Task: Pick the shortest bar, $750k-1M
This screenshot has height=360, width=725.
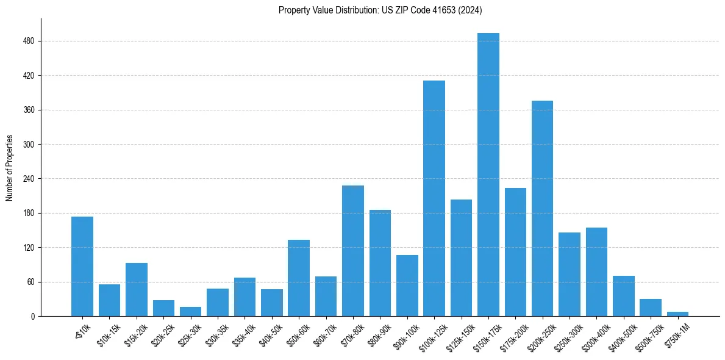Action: click(x=677, y=314)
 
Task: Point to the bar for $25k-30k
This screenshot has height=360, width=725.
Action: click(x=190, y=311)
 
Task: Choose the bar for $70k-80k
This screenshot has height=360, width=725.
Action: click(x=352, y=251)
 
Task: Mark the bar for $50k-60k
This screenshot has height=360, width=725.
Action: click(x=299, y=278)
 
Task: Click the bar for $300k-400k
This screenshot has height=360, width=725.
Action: click(x=596, y=272)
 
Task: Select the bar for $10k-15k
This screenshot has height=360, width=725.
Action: click(x=109, y=300)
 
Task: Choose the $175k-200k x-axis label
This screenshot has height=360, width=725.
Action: click(x=514, y=336)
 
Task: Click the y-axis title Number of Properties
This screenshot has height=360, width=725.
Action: click(x=10, y=167)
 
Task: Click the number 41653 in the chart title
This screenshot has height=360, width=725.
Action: click(x=438, y=10)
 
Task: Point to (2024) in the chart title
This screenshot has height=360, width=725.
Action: click(x=470, y=10)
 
